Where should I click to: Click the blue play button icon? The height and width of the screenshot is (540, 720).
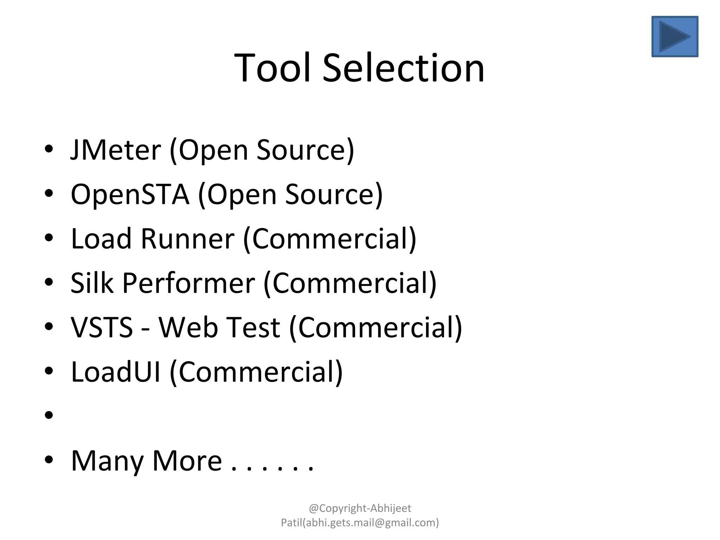675,36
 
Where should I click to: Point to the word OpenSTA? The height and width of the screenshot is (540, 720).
130,194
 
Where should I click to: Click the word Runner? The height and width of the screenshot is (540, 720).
187,239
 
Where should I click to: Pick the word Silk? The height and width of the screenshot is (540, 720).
92,283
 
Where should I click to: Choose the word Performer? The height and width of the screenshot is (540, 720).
188,283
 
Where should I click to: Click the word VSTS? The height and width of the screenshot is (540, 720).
102,327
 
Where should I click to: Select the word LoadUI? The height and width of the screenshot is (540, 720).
116,372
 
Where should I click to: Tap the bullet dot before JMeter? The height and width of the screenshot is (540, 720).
49,149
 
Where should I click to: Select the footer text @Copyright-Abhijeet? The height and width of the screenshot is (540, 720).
360,508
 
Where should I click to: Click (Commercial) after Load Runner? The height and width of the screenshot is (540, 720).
330,239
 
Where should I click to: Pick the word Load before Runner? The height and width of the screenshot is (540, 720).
101,239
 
